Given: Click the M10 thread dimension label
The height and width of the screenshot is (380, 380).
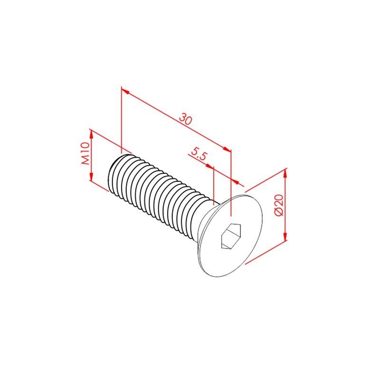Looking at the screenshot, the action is point(85,153).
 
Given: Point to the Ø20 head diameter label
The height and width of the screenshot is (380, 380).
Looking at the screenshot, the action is point(279,205).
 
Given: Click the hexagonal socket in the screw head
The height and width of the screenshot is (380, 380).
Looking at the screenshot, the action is point(231,236).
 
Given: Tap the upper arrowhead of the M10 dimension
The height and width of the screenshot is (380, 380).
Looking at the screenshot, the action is point(91,134).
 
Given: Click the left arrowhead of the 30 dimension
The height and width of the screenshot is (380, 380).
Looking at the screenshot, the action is point(125,91).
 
